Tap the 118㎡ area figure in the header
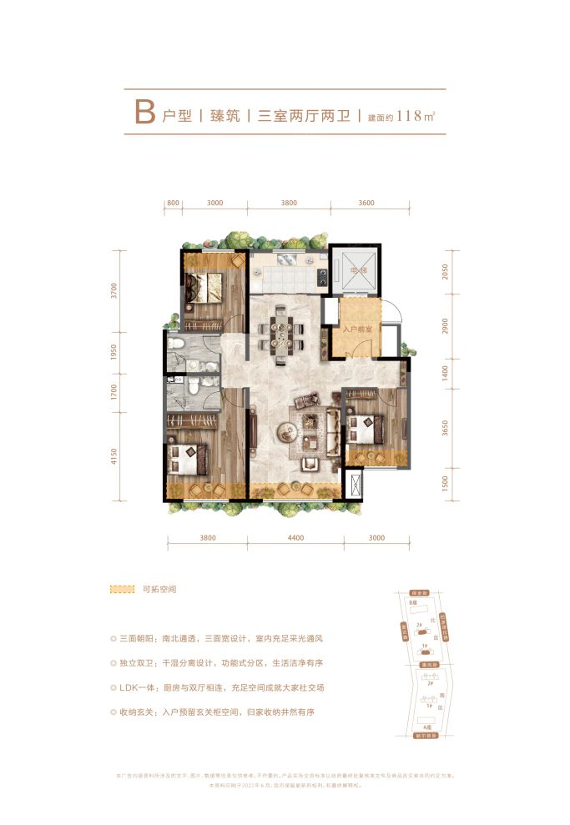(x=417, y=115)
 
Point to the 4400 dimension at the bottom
(x=295, y=539)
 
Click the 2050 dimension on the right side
(x=445, y=272)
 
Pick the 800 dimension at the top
(x=174, y=203)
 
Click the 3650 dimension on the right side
(x=445, y=430)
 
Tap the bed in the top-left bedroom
(x=203, y=289)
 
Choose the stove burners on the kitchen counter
(x=319, y=274)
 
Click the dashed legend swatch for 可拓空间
(x=123, y=589)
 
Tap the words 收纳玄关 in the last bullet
(x=139, y=712)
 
